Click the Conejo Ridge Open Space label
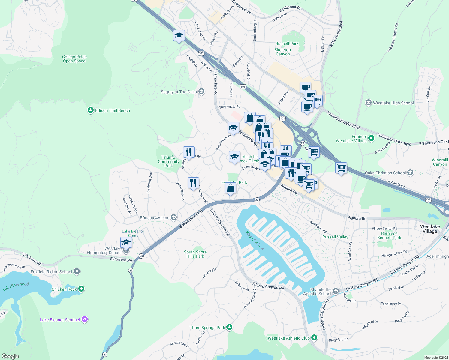74,59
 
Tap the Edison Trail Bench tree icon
91,110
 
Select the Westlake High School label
393,103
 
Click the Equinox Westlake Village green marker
371,138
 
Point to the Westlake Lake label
255,240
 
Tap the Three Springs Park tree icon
229,327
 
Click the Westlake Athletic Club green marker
314,338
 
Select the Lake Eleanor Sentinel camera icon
85,319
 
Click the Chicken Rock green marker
81,289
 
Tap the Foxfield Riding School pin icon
77,272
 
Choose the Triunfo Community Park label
168,161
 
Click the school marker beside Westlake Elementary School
126,242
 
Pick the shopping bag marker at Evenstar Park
231,188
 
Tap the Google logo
10,356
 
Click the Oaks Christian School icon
410,173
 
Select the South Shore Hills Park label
195,254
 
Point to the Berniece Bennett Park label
389,235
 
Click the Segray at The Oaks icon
201,91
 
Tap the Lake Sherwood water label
16,286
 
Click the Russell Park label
287,43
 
